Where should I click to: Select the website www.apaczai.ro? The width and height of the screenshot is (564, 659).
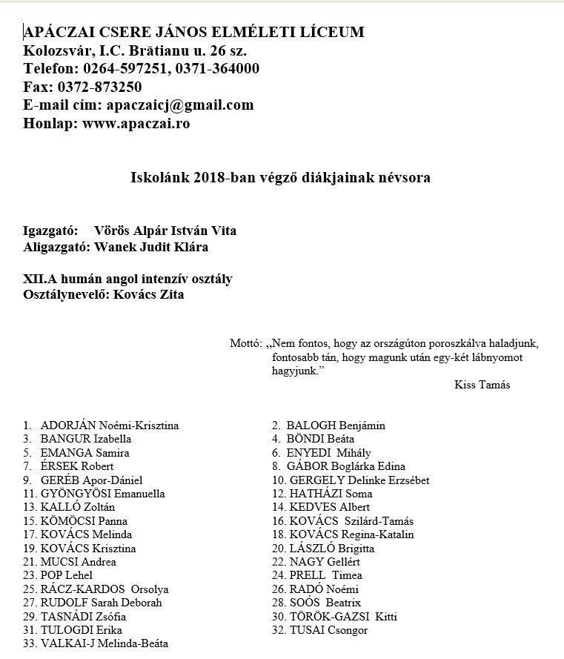click(x=136, y=124)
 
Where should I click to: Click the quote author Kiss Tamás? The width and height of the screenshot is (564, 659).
click(x=482, y=385)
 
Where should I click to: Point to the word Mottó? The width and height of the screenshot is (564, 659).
click(x=245, y=343)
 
